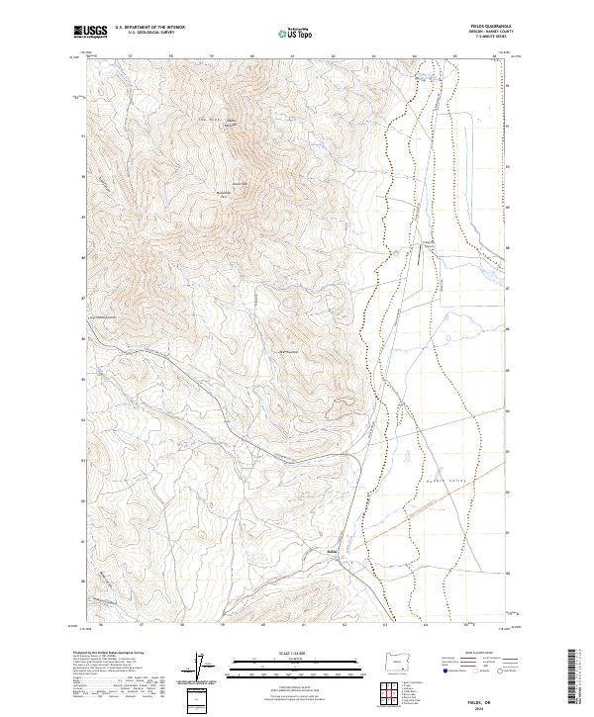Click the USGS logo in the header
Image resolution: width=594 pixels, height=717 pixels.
pos(90,33)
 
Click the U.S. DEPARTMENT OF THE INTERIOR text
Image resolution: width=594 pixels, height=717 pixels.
pos(150,28)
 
